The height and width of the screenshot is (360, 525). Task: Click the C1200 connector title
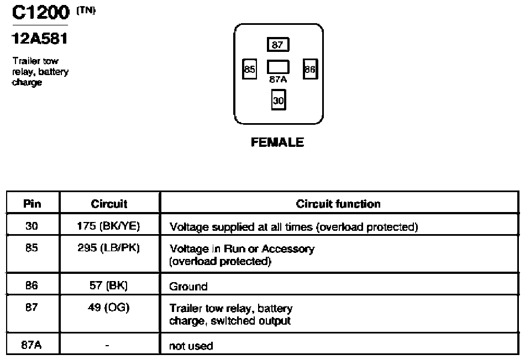(x=40, y=12)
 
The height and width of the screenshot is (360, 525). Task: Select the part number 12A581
(x=40, y=39)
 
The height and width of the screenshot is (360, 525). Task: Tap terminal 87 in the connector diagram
(x=278, y=45)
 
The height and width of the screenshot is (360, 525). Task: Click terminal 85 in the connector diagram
(x=249, y=69)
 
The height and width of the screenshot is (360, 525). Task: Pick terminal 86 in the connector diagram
(x=310, y=69)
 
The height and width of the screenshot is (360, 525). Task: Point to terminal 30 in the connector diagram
(x=278, y=100)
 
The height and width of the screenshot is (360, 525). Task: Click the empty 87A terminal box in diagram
(x=278, y=67)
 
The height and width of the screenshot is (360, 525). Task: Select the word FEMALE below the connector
(x=277, y=142)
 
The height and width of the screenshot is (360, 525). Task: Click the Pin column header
(x=32, y=203)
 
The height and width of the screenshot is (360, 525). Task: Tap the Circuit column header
(x=109, y=204)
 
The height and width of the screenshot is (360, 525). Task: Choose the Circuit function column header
(x=338, y=204)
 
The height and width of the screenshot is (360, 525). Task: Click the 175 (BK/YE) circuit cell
(x=108, y=226)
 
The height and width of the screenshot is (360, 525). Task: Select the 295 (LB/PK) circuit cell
(x=108, y=248)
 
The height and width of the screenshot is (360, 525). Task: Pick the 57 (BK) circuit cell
(x=108, y=285)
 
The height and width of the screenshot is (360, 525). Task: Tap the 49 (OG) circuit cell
(x=108, y=307)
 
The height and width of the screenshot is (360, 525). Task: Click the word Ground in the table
(x=188, y=287)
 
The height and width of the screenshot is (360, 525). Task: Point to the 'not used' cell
(x=191, y=346)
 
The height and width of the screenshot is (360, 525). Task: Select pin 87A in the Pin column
(x=32, y=345)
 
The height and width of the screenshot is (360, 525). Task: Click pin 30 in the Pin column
(x=32, y=226)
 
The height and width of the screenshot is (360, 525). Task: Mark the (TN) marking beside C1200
(x=86, y=10)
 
